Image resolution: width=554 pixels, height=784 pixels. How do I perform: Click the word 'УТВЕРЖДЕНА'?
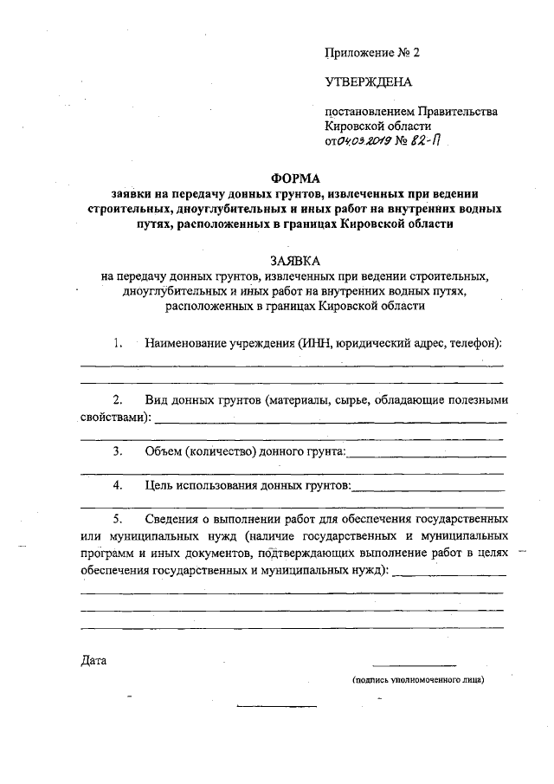[369, 82]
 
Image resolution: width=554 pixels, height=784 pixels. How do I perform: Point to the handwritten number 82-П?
[428, 142]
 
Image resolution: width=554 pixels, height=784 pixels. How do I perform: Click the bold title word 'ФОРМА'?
[295, 178]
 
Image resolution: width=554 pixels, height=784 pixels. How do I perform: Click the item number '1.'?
[119, 343]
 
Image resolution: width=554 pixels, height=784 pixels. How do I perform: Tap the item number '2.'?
[119, 399]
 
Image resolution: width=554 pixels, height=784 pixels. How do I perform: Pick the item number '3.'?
[119, 451]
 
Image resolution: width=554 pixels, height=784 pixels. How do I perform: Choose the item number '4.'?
[119, 486]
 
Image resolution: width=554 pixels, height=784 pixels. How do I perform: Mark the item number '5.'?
[119, 520]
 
